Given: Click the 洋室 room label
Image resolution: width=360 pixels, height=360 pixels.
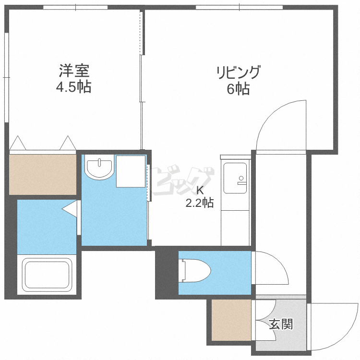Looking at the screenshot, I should point(74,72).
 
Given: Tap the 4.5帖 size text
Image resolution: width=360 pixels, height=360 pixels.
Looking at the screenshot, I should point(74,88).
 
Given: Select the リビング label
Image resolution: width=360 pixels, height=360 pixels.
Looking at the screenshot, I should point(238,73).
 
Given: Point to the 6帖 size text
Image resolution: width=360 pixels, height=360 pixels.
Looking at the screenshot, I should point(238,89).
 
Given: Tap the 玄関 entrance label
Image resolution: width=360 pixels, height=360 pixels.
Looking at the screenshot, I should point(280,324).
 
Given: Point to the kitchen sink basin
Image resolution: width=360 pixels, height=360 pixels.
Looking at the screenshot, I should point(235,178).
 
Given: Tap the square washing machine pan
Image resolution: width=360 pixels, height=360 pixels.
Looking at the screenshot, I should point(131,171).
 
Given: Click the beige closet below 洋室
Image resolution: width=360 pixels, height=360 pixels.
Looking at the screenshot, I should point(43,174).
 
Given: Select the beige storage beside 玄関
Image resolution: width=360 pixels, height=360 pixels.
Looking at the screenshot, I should point(232,321).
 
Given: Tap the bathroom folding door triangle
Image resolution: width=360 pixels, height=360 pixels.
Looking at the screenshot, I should point(70,208).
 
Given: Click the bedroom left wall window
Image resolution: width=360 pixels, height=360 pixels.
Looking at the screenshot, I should point(6,77).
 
